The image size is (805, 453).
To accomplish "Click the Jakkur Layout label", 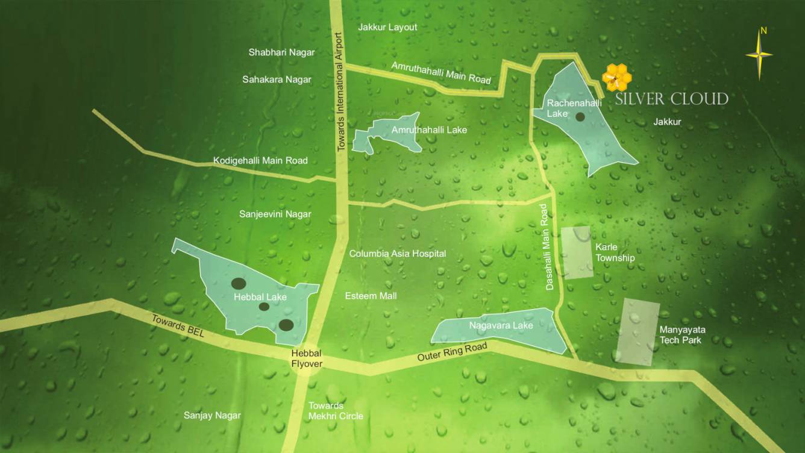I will [x=387, y=27].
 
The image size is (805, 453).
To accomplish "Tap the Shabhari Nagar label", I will [x=281, y=52].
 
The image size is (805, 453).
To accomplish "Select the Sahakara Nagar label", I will [x=277, y=80].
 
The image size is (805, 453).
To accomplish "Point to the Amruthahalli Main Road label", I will [x=441, y=72].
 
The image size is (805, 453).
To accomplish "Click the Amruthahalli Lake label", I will [x=429, y=130].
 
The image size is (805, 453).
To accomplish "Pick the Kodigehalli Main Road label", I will [x=260, y=161].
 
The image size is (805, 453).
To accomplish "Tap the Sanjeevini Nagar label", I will [x=275, y=214].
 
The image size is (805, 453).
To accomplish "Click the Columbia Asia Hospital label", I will [x=398, y=254].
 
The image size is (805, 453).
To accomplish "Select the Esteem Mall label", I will [x=371, y=296].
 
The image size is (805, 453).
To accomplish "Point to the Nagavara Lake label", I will [x=501, y=326].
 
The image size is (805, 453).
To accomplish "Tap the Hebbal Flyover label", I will [x=307, y=358].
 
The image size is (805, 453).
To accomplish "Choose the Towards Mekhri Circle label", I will [x=336, y=411].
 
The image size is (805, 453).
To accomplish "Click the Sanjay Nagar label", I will [x=212, y=416].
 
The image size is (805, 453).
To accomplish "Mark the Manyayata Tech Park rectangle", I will [x=637, y=332].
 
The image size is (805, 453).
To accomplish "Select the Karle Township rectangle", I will [x=577, y=253].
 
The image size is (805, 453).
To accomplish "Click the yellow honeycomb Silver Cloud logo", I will [x=617, y=77].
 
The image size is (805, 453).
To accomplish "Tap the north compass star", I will [x=759, y=55].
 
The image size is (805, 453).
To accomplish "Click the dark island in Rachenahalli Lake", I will [x=580, y=117].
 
